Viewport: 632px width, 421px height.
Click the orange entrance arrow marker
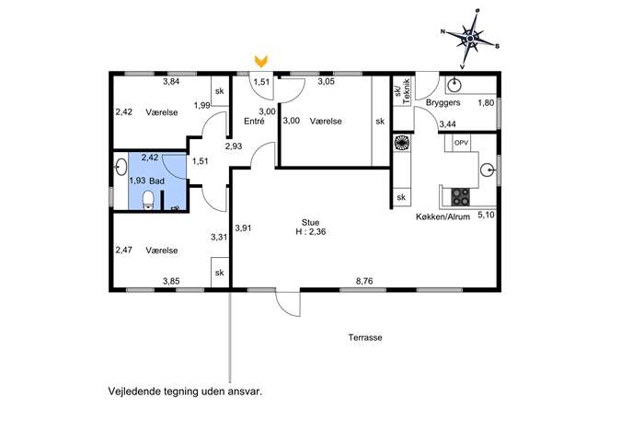coord(261,62)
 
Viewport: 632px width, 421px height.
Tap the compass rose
coord(470,39)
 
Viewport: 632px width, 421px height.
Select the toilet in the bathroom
coord(148,201)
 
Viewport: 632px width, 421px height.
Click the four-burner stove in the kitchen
coord(460,197)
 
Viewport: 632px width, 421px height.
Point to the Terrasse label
coord(365,337)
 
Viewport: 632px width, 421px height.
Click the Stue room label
coord(310,222)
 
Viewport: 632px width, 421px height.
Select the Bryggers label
coord(443,102)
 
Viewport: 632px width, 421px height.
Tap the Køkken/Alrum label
coord(443,216)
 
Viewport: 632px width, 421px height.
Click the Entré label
coord(254,121)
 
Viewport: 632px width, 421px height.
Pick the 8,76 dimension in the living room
coord(364,281)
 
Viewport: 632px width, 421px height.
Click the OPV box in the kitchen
coord(462,143)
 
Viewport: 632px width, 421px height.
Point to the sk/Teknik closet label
coord(403,91)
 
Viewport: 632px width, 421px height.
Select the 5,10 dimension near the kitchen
coord(486,215)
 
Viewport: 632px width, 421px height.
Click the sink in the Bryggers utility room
coord(454,85)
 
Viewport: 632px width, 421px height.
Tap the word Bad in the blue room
coord(156,181)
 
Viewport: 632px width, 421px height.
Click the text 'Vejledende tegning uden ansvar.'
coord(186,392)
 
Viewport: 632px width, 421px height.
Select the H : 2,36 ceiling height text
coord(311,232)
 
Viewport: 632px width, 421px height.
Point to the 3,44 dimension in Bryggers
coord(447,124)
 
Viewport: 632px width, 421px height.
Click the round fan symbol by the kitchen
coord(401,142)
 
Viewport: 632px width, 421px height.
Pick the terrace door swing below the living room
coord(288,303)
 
